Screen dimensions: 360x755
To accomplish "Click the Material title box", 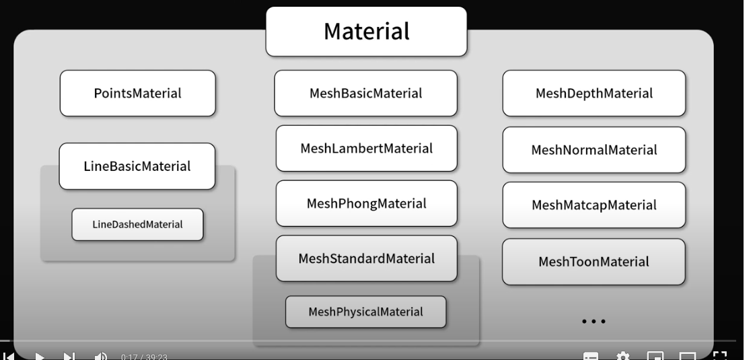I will click(x=366, y=31).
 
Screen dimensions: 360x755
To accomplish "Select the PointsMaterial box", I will click(x=137, y=94).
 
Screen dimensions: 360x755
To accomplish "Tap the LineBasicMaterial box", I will click(x=137, y=166).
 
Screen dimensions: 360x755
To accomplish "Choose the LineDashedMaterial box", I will click(x=137, y=224).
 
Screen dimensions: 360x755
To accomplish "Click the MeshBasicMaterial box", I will click(x=365, y=94).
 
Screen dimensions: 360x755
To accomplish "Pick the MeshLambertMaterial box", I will click(x=366, y=147).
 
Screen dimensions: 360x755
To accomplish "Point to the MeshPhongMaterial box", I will click(x=366, y=203).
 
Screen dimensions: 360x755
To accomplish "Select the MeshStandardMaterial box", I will click(x=366, y=258).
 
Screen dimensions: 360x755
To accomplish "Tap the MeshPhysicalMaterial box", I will click(x=366, y=312).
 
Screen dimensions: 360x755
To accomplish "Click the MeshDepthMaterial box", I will click(x=594, y=94).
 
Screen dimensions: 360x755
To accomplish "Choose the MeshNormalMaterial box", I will click(x=594, y=149).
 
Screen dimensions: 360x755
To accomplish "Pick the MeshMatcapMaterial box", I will click(x=594, y=204).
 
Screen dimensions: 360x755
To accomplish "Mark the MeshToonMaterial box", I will click(x=594, y=261).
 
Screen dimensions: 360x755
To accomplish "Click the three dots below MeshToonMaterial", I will click(x=594, y=322).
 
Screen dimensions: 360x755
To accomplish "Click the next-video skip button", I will click(x=69, y=355).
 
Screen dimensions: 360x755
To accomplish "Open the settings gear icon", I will click(x=623, y=355).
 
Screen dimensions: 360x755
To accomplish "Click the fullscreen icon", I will click(x=719, y=355).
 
